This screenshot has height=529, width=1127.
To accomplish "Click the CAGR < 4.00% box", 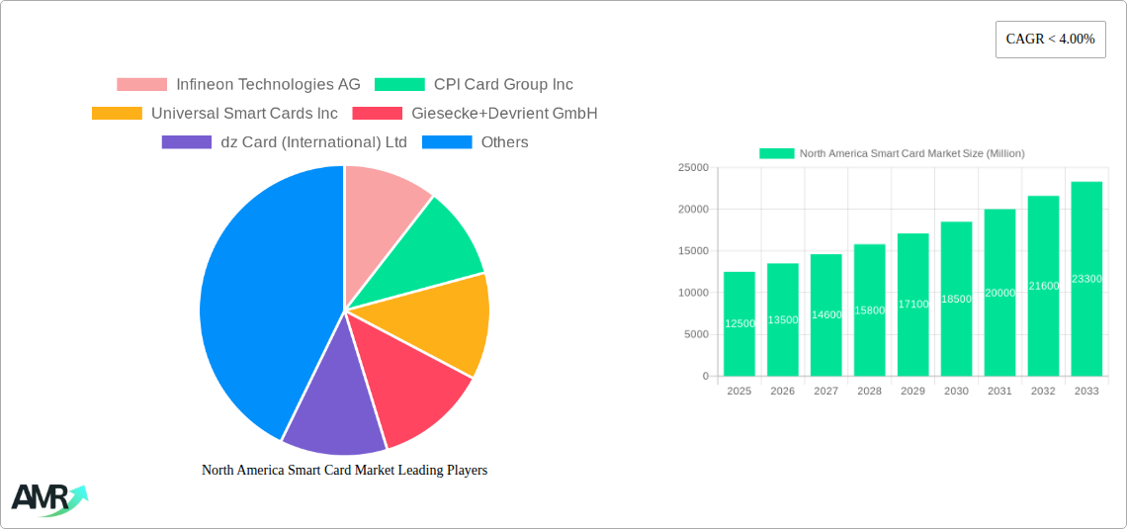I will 1050,40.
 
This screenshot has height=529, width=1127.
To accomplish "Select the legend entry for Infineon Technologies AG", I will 238,85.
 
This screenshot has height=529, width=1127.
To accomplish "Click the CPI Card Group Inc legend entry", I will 475,85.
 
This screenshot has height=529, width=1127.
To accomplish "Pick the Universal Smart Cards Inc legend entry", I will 215,114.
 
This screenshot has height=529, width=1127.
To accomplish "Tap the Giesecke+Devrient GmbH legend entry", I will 476,114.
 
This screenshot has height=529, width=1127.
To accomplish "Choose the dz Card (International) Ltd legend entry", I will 285,142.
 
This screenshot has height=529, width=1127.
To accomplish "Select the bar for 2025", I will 739,324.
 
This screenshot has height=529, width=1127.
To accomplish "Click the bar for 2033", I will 1086,279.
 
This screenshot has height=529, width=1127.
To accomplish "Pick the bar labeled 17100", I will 912,305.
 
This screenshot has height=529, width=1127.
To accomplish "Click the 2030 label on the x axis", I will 956,392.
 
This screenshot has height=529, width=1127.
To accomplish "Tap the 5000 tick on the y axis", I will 695,334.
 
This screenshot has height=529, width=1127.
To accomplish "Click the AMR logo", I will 47,499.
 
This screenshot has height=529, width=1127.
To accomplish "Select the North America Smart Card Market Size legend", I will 892,153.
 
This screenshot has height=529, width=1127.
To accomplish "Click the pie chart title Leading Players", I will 344,471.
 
